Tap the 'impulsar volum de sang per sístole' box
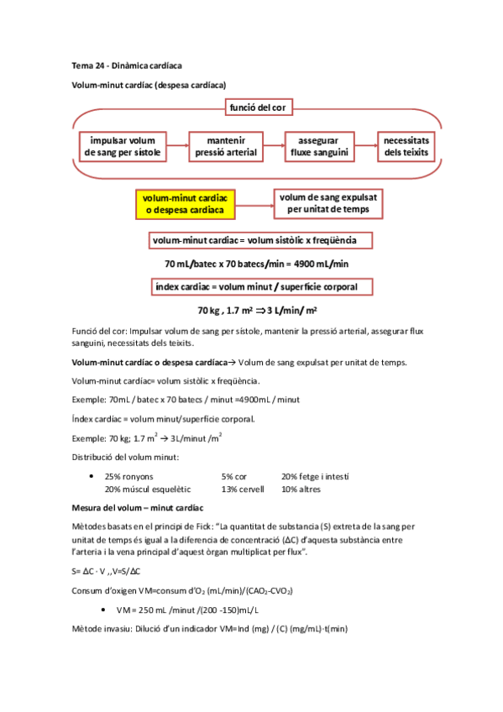(124, 146)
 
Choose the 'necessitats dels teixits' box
(406, 146)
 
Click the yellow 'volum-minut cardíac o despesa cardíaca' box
(185, 202)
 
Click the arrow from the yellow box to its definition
(254, 202)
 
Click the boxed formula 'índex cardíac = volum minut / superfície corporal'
(262, 287)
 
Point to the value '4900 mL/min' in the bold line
(319, 264)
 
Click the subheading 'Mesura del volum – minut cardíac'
(137, 509)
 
